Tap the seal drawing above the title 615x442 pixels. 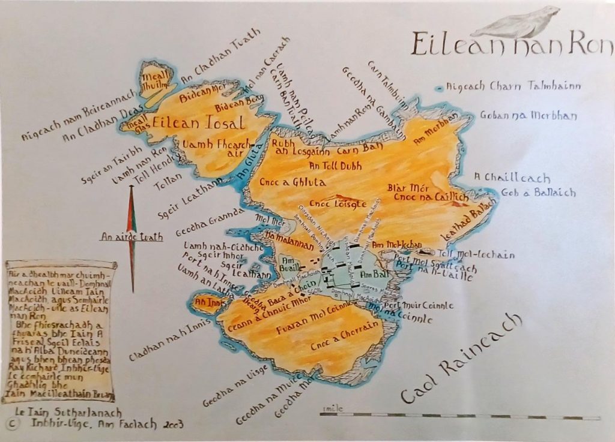click(x=523, y=23)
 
